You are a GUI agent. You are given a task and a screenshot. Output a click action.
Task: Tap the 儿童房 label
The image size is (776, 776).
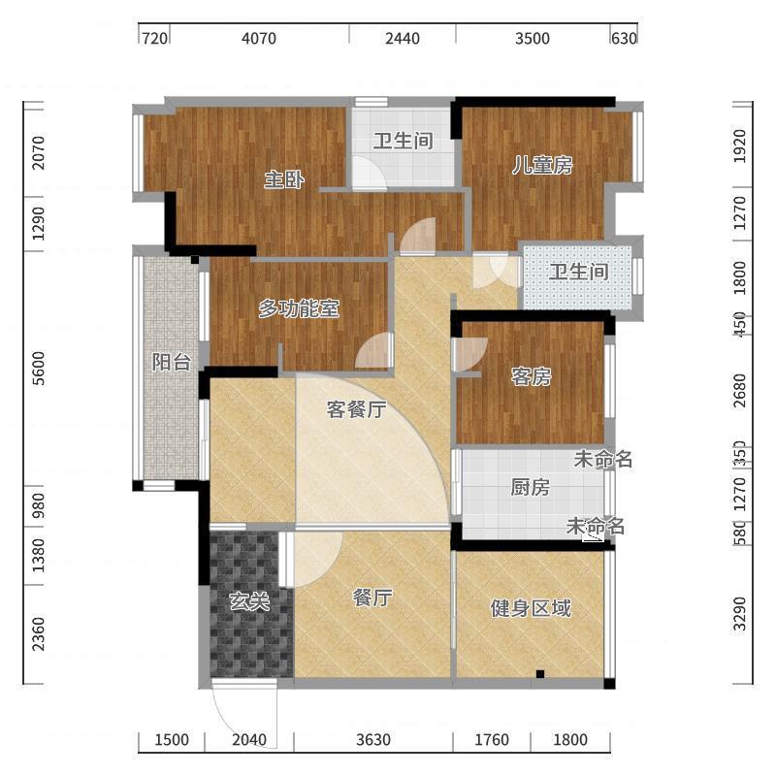pos(542,165)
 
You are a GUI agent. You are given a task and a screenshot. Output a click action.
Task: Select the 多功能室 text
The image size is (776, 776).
pos(298,309)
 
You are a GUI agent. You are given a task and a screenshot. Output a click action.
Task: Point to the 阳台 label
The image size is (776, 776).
pos(171,362)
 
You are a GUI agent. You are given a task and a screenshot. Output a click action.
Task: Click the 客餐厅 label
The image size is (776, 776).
pos(355,409)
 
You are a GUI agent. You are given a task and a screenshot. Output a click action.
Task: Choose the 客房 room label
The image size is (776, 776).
pos(531,377)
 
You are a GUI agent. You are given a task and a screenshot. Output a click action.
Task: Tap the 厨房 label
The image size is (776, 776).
pos(530,487)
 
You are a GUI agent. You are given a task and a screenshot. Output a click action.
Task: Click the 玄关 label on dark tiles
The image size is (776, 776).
pos(248,601)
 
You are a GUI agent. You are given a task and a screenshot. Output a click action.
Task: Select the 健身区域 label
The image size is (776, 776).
pos(530,608)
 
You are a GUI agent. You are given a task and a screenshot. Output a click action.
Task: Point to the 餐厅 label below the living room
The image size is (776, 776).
pos(372,598)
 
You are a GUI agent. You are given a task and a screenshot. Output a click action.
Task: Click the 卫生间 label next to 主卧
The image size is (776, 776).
pos(403,142)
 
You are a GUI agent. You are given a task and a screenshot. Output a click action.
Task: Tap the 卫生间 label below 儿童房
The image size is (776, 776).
pos(578,272)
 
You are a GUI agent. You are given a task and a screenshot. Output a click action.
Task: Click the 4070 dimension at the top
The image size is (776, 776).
pos(259,39)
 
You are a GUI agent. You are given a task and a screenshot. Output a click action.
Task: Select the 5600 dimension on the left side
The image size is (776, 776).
pos(39,369)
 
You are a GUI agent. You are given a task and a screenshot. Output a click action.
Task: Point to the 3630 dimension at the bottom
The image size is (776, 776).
pos(372,740)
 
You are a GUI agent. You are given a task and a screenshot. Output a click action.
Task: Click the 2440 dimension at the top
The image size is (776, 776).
pos(403,39)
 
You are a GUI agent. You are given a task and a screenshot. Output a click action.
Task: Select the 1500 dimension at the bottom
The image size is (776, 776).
pos(172,740)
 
